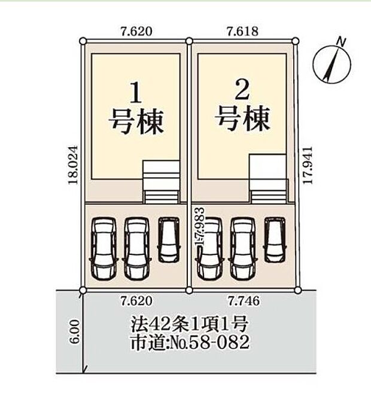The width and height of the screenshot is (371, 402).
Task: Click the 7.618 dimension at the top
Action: tap(242, 31)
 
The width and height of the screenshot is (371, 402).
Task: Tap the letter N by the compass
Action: tap(341, 41)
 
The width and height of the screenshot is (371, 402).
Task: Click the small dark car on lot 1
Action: tap(168, 239)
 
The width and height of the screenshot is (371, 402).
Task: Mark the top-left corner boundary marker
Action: tap(83, 41)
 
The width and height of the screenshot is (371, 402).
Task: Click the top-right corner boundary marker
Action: tap(296, 41)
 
